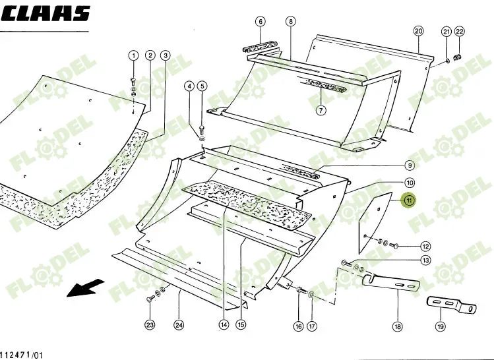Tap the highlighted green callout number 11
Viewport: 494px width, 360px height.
[409, 200]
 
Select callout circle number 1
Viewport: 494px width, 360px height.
[133, 55]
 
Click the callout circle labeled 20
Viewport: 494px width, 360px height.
[418, 31]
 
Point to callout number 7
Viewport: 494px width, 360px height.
[321, 110]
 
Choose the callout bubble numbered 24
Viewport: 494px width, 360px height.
[179, 324]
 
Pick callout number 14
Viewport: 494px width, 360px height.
[224, 324]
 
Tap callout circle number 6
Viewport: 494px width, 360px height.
[261, 22]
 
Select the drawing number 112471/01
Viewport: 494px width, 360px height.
[22, 355]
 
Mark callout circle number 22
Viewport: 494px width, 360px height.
[460, 31]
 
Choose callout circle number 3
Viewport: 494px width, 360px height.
[166, 55]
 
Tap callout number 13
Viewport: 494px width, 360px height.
[425, 260]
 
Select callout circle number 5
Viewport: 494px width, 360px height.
[202, 86]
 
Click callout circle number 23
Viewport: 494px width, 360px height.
[150, 324]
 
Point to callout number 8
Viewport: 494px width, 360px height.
[291, 22]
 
